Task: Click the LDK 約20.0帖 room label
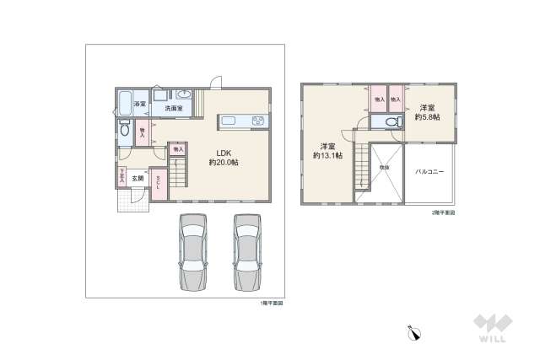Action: [223, 157]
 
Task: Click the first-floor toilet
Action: [124, 130]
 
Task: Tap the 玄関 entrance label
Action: [137, 179]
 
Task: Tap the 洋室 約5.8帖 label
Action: [426, 111]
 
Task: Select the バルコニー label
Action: [429, 171]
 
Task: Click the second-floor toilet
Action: [389, 123]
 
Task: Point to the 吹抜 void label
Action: [384, 168]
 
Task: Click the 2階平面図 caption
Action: [442, 212]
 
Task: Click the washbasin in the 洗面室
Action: [184, 94]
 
